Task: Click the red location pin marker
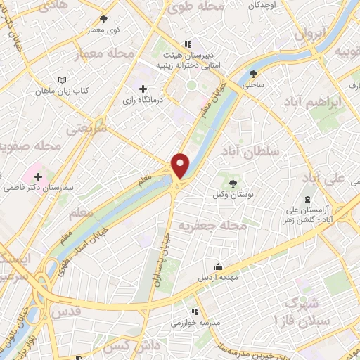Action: point(181,165)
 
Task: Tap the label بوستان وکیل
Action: point(233,192)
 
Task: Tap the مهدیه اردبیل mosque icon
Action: point(219,266)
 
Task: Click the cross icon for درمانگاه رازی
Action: point(143,89)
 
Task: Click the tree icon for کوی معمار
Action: point(104,20)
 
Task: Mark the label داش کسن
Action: point(127,347)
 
